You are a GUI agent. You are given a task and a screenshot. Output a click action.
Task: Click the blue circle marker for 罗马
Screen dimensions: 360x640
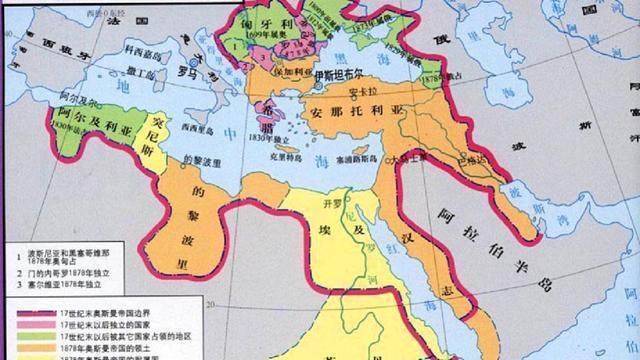click(x=213, y=87)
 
